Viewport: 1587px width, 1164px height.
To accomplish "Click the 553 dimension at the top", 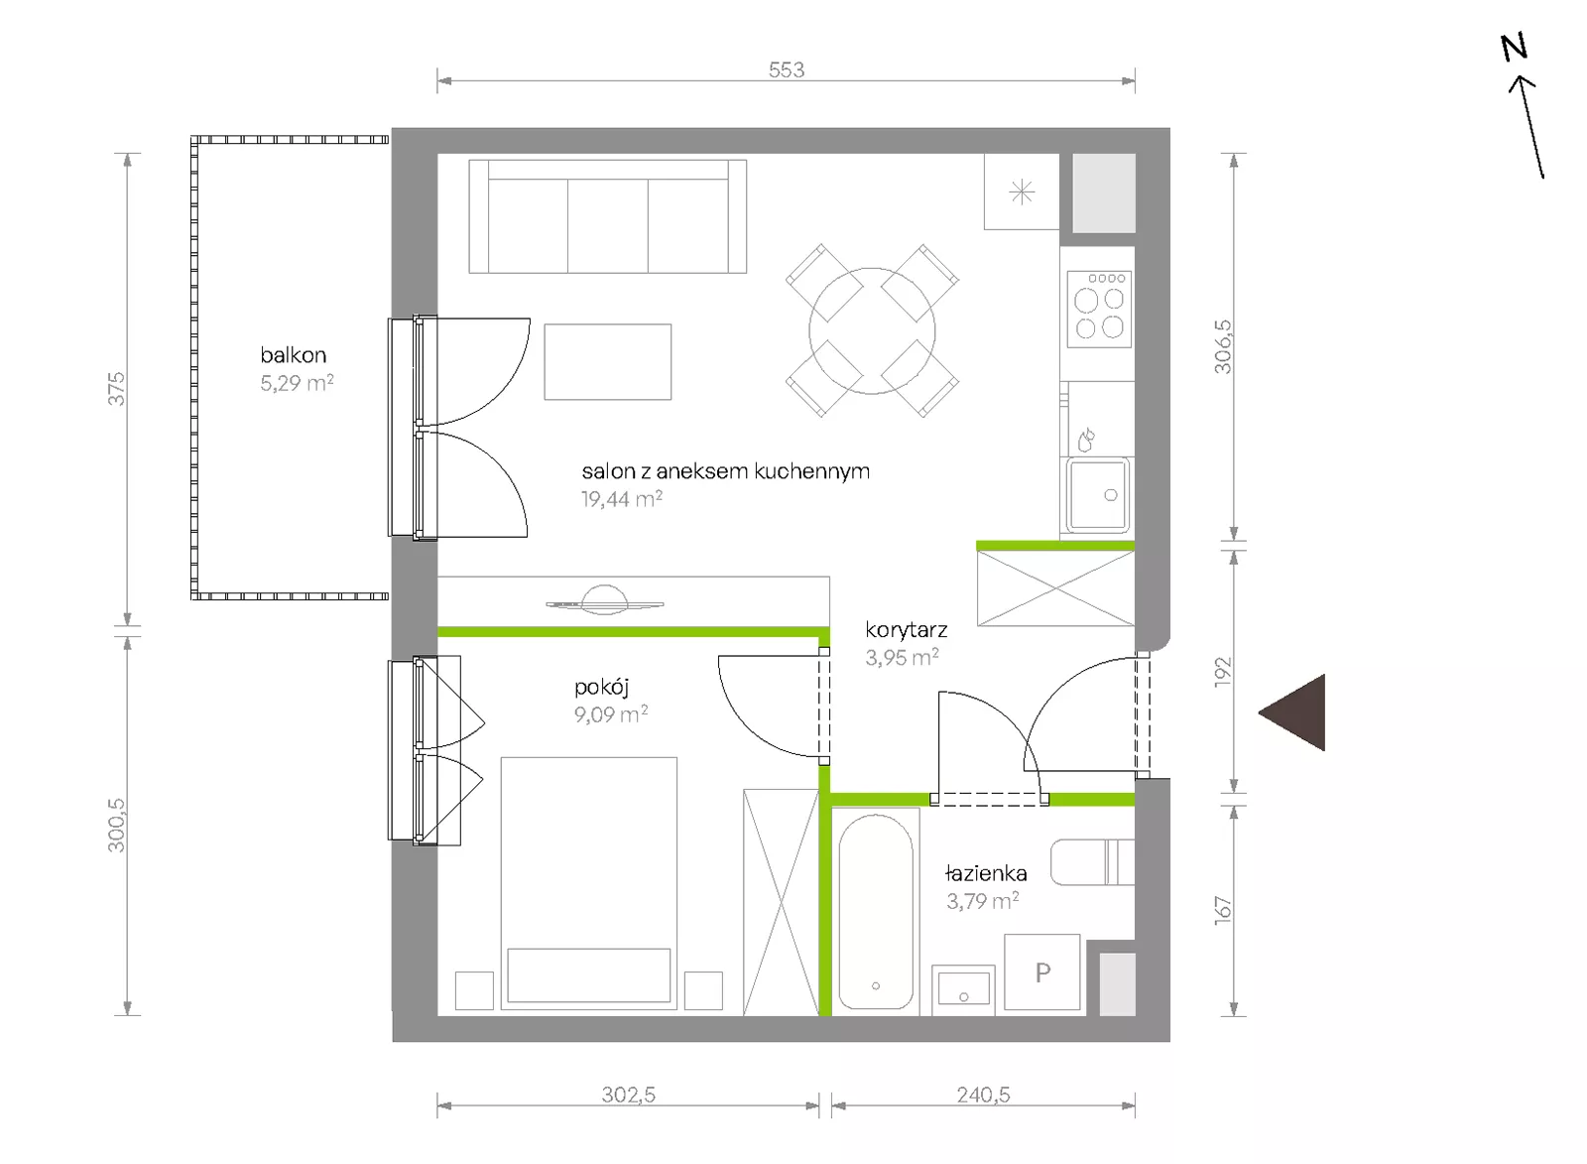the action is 787,69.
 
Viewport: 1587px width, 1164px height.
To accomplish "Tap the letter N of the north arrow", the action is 1514,48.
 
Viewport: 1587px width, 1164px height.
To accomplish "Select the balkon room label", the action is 294,354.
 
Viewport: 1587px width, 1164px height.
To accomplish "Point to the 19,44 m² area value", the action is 621,499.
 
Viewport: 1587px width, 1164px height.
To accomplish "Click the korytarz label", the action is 907,630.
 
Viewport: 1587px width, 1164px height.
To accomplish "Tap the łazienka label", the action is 986,873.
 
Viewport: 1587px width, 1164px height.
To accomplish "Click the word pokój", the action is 601,687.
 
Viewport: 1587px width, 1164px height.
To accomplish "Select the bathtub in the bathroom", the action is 876,912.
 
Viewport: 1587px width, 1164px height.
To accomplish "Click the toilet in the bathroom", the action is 1092,862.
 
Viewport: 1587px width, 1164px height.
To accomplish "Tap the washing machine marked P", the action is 1042,971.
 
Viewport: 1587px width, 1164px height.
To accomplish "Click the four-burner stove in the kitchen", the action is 1099,309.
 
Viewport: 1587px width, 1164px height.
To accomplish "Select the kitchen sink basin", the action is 1098,495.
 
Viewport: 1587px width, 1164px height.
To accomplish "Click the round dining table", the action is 872,331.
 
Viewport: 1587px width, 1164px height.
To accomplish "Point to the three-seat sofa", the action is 608,216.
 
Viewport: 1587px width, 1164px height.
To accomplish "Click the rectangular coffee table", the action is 608,362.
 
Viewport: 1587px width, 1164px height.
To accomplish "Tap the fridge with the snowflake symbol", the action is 1022,192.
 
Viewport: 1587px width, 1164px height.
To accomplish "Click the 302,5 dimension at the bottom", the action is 629,1095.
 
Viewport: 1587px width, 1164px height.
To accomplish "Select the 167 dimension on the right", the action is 1224,910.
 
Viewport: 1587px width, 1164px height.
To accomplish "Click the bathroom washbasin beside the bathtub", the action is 963,988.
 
